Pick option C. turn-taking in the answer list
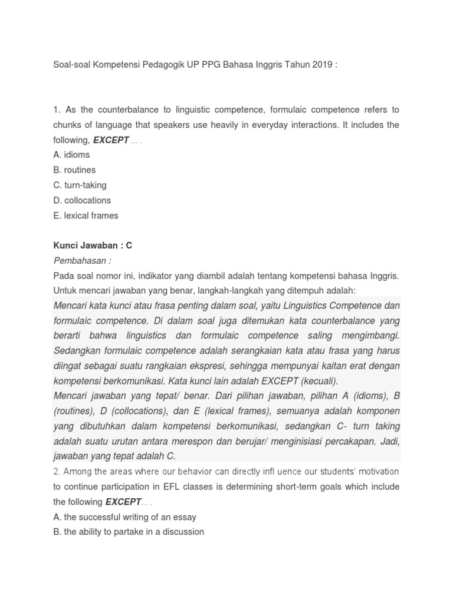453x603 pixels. tap(80, 185)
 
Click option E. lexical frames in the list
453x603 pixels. tap(86, 216)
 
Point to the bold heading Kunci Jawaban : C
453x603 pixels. tap(93, 246)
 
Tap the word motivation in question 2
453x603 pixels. tap(375, 471)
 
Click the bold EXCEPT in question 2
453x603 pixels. tap(123, 502)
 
